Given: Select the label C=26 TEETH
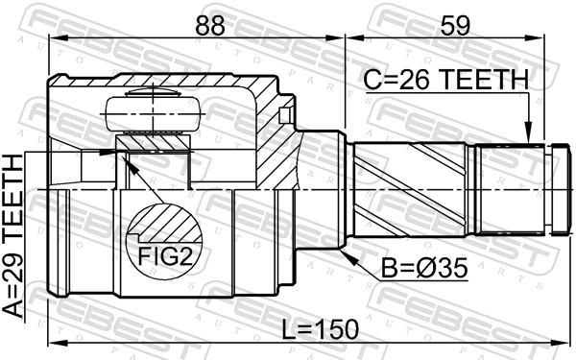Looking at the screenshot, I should coord(445,79).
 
